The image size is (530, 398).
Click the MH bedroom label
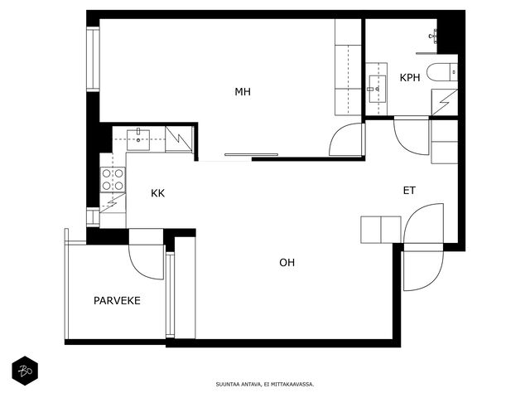coord(243,92)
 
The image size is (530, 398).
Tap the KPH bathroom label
coord(410,77)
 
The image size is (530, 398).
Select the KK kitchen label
coord(157,193)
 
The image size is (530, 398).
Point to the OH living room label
coord(287,262)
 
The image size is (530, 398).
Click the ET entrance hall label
coord(409,191)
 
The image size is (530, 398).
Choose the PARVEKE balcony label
coord(117,300)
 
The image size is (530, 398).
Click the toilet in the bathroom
coord(441,72)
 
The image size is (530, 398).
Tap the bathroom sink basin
coord(378,89)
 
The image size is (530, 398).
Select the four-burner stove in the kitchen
coord(113,179)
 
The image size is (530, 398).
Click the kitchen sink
coord(138,139)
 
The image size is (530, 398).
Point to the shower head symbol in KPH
coord(433,36)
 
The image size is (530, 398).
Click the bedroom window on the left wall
coord(93,59)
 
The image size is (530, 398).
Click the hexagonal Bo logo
coord(25,371)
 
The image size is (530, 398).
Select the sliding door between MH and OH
coord(251,155)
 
